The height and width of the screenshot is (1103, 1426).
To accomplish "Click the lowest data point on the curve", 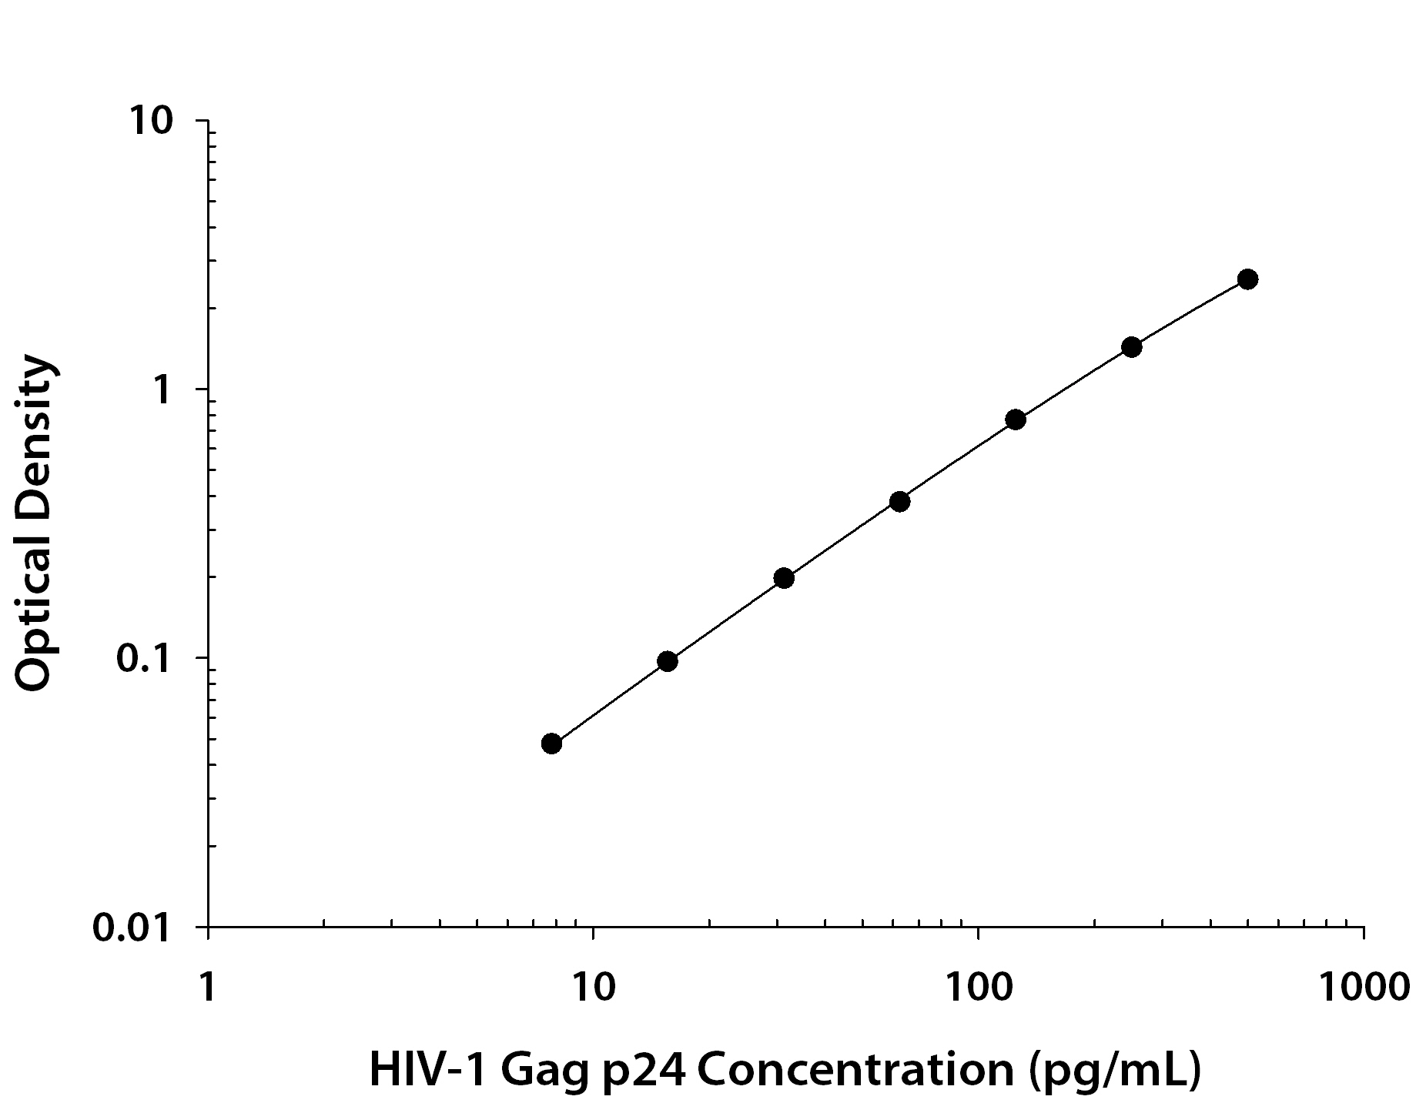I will [x=551, y=744].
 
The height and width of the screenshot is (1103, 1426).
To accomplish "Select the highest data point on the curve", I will [x=1248, y=279].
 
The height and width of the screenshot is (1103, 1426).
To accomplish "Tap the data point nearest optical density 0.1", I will [x=668, y=661].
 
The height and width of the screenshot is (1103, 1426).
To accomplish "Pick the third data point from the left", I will [x=784, y=578].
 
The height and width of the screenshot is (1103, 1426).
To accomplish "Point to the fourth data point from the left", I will [x=899, y=502].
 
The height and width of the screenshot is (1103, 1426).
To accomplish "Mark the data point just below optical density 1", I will [x=1016, y=419].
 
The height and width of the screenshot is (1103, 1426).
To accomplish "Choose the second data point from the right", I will [x=1131, y=346].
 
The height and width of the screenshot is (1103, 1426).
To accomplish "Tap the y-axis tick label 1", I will [x=161, y=390].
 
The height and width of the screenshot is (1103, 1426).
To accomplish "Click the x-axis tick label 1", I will [x=207, y=987].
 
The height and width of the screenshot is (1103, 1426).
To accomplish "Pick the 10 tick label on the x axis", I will [x=593, y=987].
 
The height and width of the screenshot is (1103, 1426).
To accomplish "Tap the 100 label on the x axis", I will [x=978, y=987].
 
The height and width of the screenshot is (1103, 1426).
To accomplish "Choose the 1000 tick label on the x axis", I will [x=1364, y=987].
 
